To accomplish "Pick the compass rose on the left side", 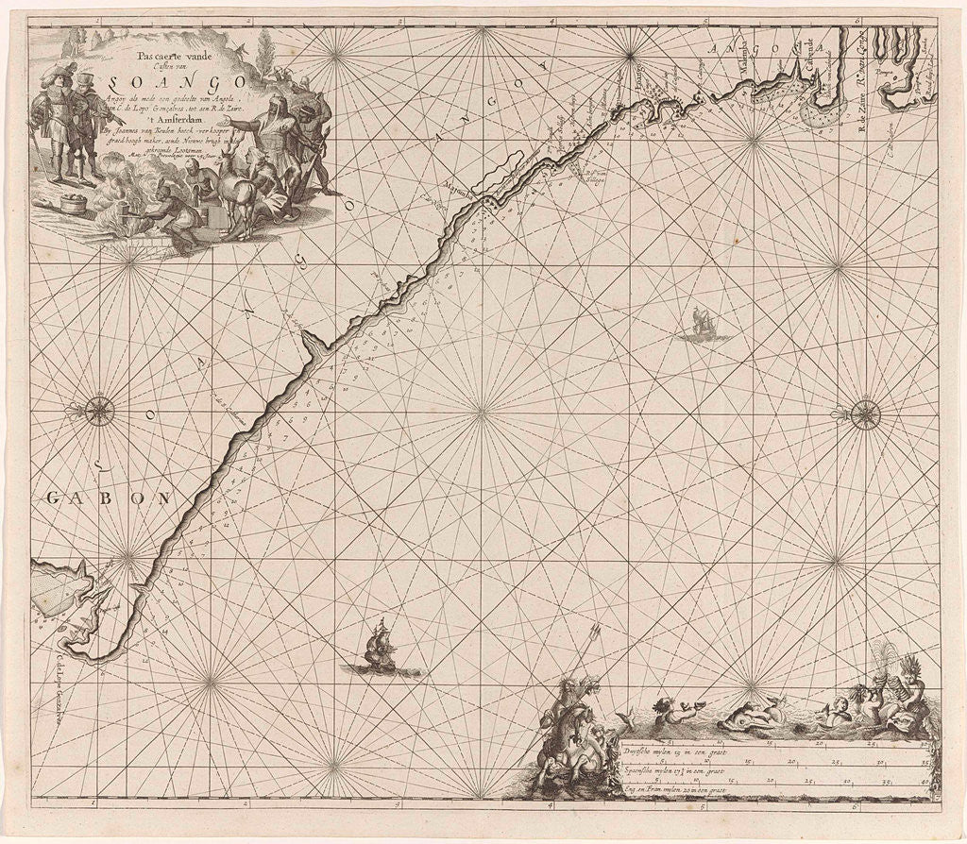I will (99, 412).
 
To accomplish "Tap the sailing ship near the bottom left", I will (381, 648).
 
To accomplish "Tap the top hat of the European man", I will (85, 78).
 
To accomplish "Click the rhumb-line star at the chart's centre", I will (483, 412).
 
